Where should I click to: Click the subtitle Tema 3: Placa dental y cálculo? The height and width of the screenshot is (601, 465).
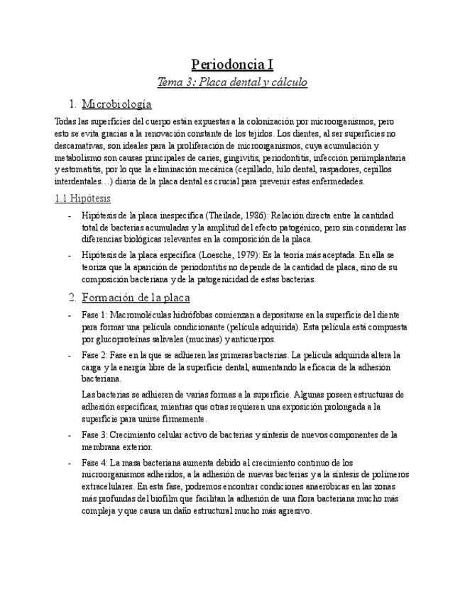[232, 83]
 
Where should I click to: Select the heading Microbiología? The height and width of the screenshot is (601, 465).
[116, 104]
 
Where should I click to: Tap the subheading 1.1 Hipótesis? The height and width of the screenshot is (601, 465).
[82, 198]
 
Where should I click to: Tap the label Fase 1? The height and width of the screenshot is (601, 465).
[94, 315]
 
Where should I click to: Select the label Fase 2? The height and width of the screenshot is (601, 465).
[94, 355]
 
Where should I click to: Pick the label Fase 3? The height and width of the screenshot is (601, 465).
[94, 435]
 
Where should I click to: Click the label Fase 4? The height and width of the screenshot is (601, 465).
[94, 462]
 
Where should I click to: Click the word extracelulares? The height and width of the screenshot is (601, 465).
[107, 488]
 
